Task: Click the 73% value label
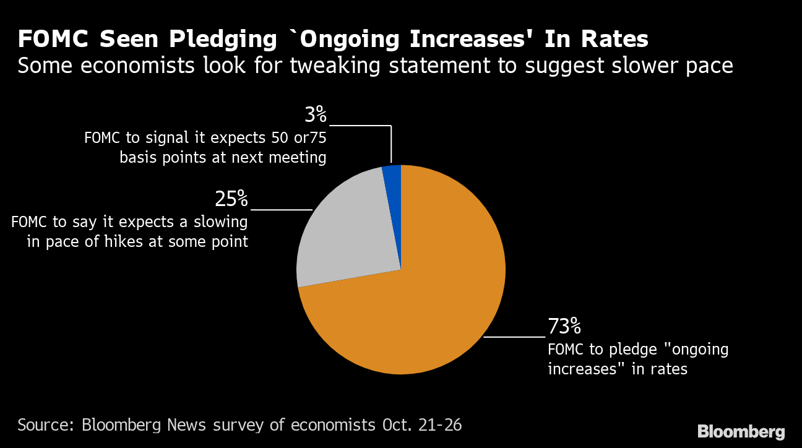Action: pyautogui.click(x=564, y=325)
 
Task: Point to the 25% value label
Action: pyautogui.click(x=231, y=199)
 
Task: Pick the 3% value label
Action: pyautogui.click(x=315, y=114)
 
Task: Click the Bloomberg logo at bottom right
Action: pyautogui.click(x=741, y=431)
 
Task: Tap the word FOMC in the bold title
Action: pyautogui.click(x=53, y=40)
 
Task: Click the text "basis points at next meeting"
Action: pyautogui.click(x=223, y=157)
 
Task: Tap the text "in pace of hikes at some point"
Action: pyautogui.click(x=137, y=241)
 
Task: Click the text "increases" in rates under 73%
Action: pyautogui.click(x=618, y=369)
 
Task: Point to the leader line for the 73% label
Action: pyautogui.click(x=514, y=337)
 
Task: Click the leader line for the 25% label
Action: pyautogui.click(x=282, y=210)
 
